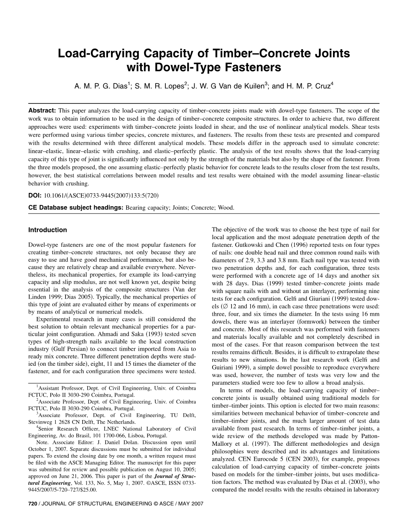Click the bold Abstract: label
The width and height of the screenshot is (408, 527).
point(42,110)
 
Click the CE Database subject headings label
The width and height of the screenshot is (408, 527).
point(76,208)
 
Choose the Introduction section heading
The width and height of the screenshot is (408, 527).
point(48,230)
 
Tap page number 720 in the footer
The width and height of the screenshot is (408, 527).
point(33,504)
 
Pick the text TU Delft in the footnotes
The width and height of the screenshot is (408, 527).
point(183,415)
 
